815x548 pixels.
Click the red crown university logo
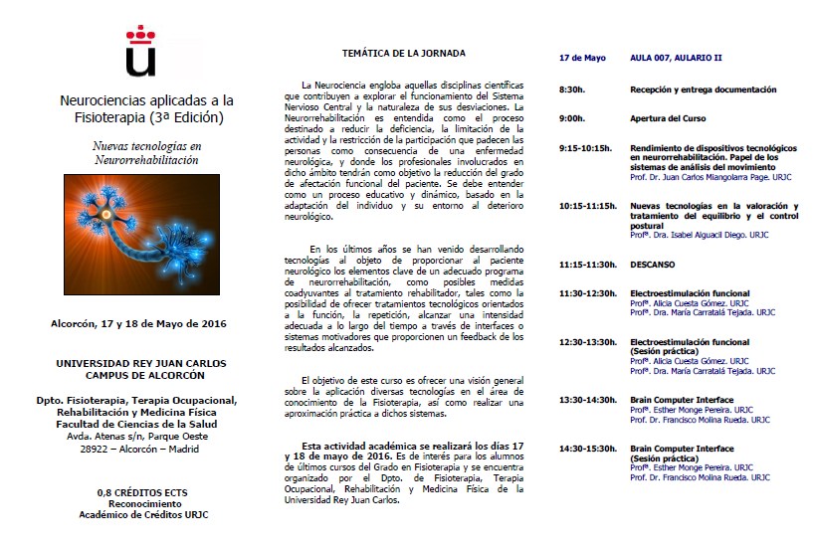point(141,52)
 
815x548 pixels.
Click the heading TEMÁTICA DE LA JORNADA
point(403,53)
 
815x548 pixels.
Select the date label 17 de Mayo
point(582,59)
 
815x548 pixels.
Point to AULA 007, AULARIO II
point(676,59)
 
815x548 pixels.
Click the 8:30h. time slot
point(571,90)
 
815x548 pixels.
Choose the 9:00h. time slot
point(571,118)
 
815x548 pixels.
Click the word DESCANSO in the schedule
point(652,265)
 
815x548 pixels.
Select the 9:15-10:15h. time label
point(585,147)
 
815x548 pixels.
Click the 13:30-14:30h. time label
point(587,400)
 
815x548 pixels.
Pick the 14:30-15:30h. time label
point(587,449)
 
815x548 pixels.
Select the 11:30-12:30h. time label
point(587,293)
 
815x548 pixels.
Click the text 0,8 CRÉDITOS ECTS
point(143,493)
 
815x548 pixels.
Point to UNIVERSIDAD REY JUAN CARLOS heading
point(143,363)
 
